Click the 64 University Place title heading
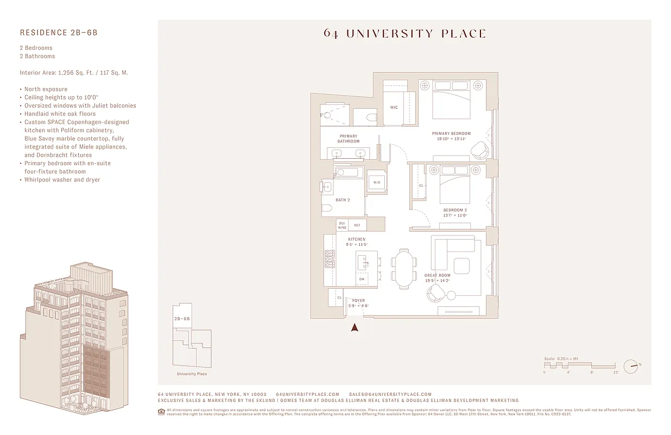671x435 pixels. [x=404, y=34]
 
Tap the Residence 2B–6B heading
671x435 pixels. [x=59, y=33]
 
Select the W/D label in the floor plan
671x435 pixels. [x=377, y=183]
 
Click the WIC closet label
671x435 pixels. [x=394, y=107]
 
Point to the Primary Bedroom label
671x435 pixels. [x=451, y=133]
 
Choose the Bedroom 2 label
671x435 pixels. [x=455, y=210]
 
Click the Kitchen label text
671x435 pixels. [x=357, y=239]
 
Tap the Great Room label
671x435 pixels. [x=437, y=276]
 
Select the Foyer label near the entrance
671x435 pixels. [x=358, y=301]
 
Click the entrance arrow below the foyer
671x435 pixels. [x=355, y=327]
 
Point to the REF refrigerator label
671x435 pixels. [x=357, y=225]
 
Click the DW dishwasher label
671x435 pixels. [x=362, y=279]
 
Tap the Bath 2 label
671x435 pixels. [x=343, y=200]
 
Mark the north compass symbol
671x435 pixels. [x=630, y=367]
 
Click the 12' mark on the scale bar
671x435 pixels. [x=616, y=372]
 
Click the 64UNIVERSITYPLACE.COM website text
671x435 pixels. [x=307, y=394]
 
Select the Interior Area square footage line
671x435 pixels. [x=74, y=73]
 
